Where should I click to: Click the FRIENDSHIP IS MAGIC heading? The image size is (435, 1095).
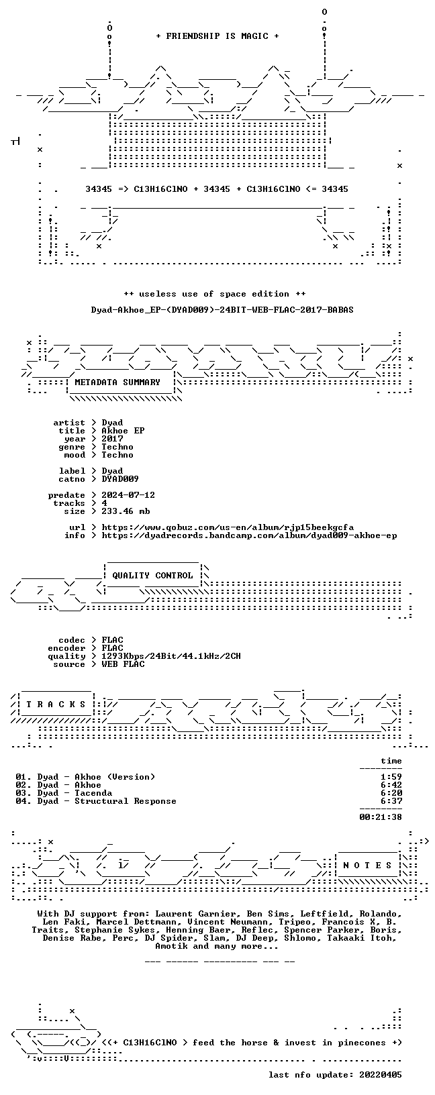tap(217, 36)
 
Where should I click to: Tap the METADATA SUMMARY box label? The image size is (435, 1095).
tap(117, 382)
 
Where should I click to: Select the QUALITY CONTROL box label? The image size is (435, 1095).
tap(152, 576)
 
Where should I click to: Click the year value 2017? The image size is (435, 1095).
tap(112, 439)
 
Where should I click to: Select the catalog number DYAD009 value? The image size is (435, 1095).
tap(120, 479)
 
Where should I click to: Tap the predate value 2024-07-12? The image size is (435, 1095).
tap(128, 495)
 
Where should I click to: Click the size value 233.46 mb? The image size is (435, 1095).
tap(126, 511)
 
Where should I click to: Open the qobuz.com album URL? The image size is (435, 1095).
tap(228, 527)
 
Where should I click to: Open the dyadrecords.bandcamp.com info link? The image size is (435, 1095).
tap(249, 535)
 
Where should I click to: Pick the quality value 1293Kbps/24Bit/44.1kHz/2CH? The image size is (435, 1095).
tap(171, 656)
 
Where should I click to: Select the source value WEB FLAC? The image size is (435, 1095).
tap(123, 664)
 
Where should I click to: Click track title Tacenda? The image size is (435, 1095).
tap(93, 793)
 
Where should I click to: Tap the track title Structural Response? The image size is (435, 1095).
tap(126, 801)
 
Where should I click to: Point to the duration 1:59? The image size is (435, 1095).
tap(391, 777)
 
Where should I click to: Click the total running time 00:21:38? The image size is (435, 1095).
tap(380, 817)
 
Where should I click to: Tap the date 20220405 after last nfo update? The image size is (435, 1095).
tap(380, 1074)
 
